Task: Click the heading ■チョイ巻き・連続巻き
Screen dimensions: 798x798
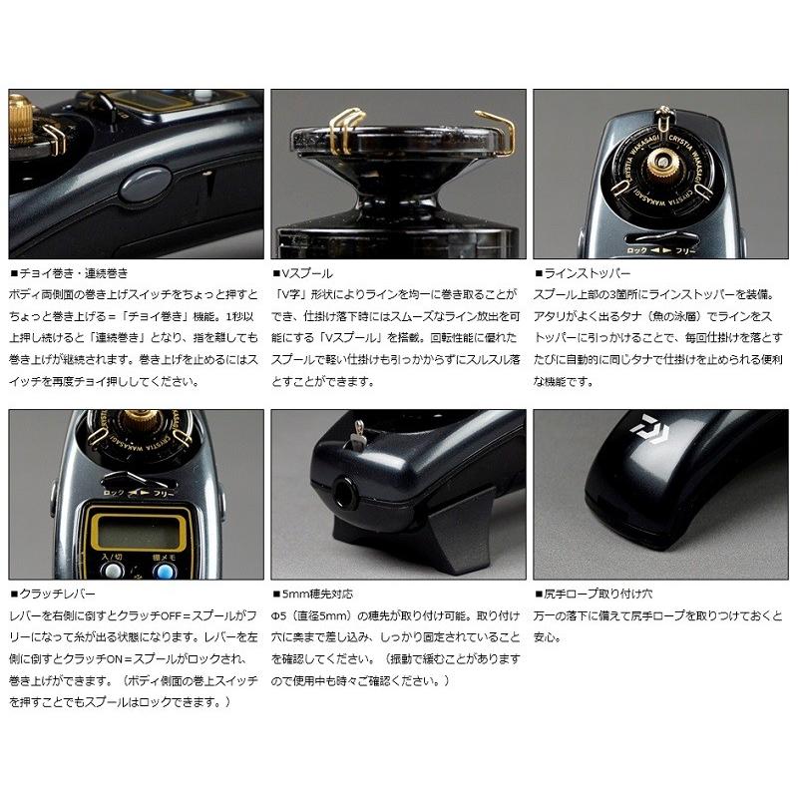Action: [x=72, y=271]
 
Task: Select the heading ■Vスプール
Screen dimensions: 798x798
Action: [x=305, y=271]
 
